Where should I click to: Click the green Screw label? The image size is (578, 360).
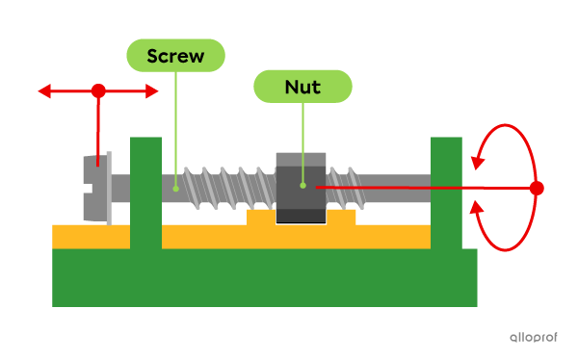(x=175, y=56)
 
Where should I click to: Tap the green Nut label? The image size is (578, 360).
(x=302, y=87)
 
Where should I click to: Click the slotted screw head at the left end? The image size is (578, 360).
(x=94, y=188)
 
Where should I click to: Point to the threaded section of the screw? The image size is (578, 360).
(x=226, y=187)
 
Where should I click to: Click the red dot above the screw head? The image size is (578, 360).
(x=98, y=91)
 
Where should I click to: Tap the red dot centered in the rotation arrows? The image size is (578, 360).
(x=537, y=189)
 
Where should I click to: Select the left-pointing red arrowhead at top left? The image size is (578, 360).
(x=44, y=91)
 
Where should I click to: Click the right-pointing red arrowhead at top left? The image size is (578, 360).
(x=152, y=91)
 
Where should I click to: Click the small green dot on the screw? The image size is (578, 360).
(x=175, y=188)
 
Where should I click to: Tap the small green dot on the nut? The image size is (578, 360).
(x=302, y=185)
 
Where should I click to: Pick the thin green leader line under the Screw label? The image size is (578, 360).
(x=175, y=125)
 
